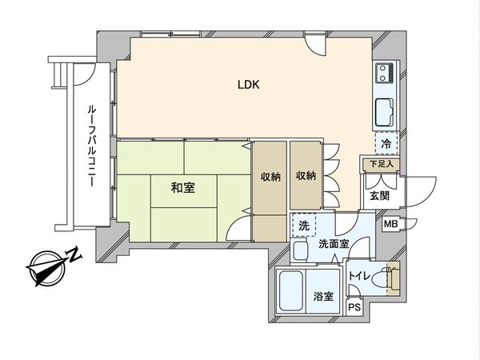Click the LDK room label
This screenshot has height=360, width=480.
tap(246, 85)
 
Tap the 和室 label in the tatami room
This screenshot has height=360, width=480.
tap(182, 188)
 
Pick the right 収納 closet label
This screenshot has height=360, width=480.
tap(305, 176)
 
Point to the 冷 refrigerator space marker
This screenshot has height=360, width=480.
tap(386, 144)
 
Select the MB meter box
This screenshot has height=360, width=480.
tap(391, 226)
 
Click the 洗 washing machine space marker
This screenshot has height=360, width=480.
tap(303, 226)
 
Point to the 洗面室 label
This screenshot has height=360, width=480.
tap(333, 244)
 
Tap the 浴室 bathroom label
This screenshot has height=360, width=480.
tap(322, 294)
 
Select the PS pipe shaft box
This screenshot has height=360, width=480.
tap(354, 306)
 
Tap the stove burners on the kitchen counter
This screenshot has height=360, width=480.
tap(382, 75)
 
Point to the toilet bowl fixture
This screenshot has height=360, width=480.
tap(390, 278)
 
